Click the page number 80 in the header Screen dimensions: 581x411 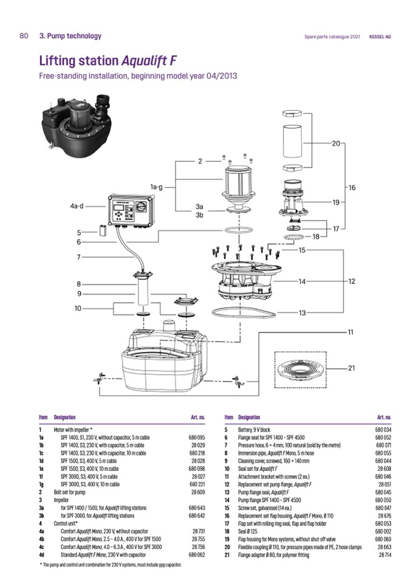(24, 36)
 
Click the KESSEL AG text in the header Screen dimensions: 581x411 (379, 36)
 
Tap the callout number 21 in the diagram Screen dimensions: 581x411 (352, 368)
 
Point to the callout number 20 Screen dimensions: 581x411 (336, 144)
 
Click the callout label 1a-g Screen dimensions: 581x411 (155, 187)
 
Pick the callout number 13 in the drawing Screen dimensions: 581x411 (301, 313)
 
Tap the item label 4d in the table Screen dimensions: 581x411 (42, 554)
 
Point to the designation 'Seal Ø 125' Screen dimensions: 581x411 (252, 531)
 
